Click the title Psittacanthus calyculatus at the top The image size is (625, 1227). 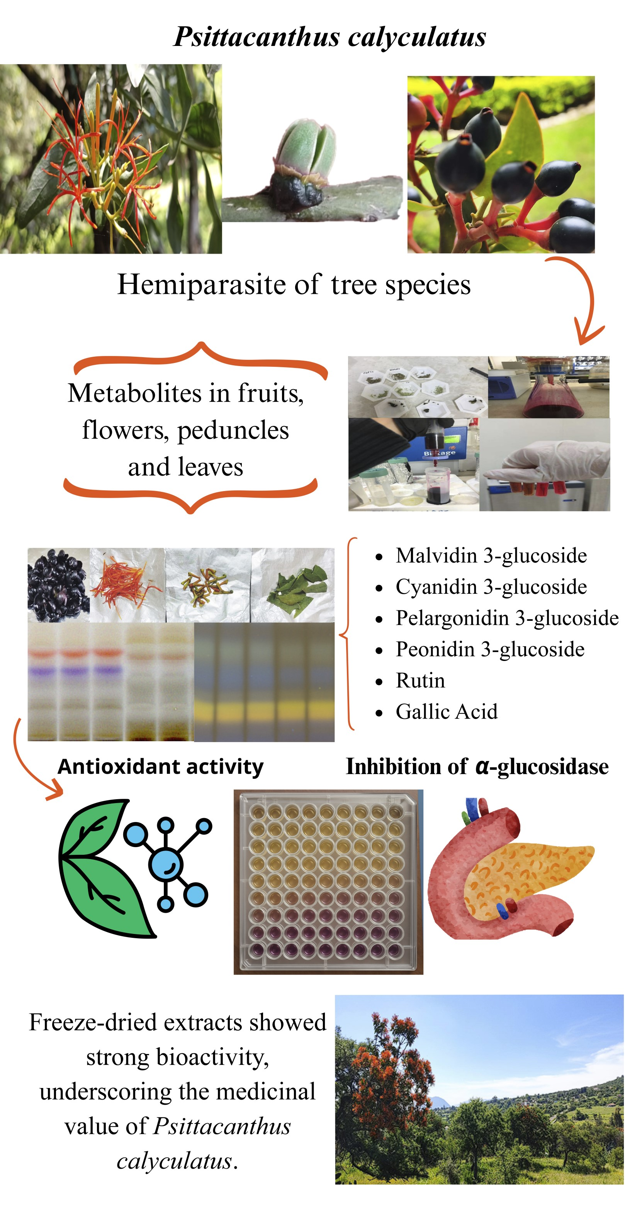(329, 37)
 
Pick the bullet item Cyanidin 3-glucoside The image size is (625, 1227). (491, 587)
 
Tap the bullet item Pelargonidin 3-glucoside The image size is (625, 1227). (507, 618)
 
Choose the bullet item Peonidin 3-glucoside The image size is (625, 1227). (490, 649)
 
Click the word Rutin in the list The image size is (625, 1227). (420, 681)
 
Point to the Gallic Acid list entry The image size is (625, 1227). (447, 712)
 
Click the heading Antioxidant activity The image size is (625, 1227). (161, 767)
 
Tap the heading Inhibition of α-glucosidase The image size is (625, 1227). (477, 767)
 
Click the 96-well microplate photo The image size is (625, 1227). (328, 881)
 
